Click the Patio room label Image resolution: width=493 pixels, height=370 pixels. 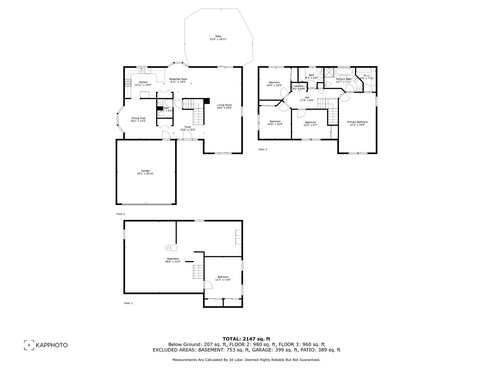pos(218,36)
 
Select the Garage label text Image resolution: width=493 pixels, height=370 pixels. pos(145,171)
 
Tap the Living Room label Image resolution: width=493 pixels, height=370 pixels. pos(224,105)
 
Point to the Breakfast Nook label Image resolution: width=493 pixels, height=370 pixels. pos(178,79)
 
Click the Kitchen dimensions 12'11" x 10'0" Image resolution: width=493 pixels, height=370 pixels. pos(143,85)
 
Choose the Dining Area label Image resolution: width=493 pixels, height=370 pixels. pos(138,118)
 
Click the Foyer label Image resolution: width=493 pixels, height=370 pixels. pos(188,127)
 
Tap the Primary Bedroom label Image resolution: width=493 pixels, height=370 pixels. pos(357,122)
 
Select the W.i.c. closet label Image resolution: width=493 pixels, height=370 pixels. pos(367,75)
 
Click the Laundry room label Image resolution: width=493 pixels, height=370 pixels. pos(298,86)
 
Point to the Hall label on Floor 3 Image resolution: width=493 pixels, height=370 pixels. pos(307,98)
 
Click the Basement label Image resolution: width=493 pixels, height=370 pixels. pos(173,259)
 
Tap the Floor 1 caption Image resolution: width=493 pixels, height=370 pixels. pos(128,303)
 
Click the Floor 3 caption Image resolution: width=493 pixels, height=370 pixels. pos(263,149)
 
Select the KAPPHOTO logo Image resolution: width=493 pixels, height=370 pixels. pos(46,345)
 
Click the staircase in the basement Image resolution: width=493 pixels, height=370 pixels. pos(198,272)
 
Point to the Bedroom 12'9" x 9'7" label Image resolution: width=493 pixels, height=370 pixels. pos(310,122)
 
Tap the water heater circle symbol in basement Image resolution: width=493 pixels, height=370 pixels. pos(167,248)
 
